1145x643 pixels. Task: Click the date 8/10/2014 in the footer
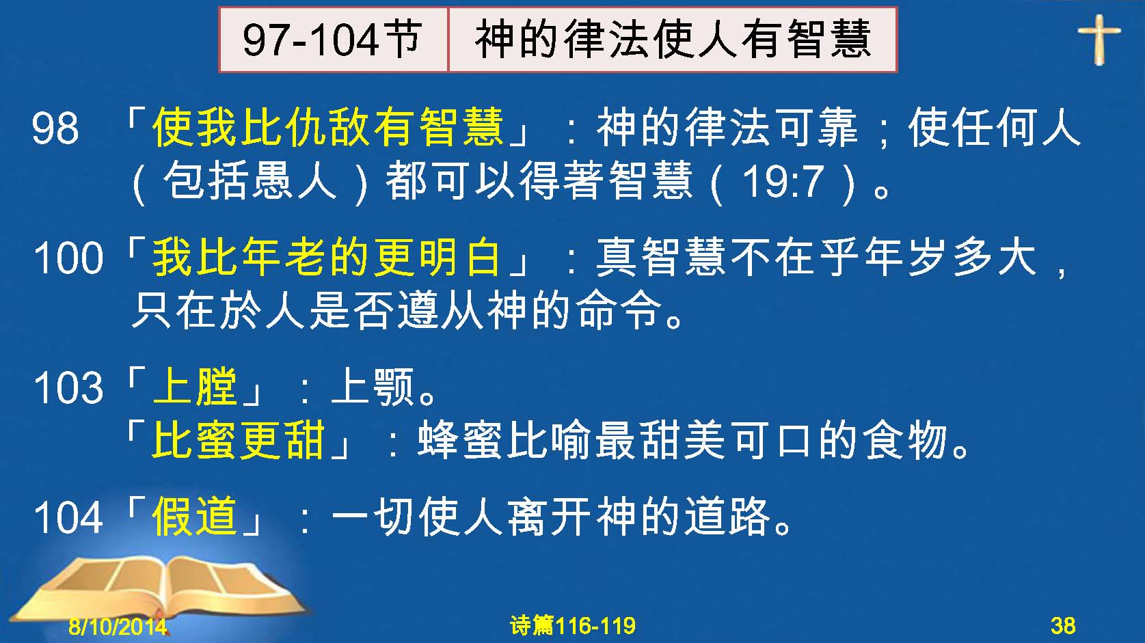tap(118, 626)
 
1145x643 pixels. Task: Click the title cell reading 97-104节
tap(334, 40)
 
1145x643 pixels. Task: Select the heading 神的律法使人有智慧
tap(673, 39)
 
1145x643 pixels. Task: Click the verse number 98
tap(55, 128)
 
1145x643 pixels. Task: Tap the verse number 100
tap(68, 258)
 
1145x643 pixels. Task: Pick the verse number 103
tap(68, 387)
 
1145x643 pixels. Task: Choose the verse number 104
tap(68, 517)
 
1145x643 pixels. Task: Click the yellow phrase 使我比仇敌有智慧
tap(327, 127)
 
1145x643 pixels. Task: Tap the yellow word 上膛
tap(195, 387)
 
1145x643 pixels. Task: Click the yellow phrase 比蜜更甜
tap(238, 440)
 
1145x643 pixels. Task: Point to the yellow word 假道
tap(195, 516)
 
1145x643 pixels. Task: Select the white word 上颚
tap(373, 387)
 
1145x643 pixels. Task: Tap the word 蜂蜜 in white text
tap(459, 440)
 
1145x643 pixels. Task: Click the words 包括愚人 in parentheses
tap(250, 182)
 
